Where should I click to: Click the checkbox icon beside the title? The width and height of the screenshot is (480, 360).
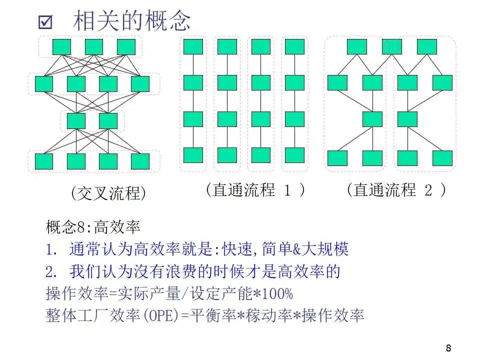pyautogui.click(x=45, y=21)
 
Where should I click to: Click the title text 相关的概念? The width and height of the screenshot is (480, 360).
pyautogui.click(x=132, y=21)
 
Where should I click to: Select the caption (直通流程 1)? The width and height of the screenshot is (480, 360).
pyautogui.click(x=255, y=190)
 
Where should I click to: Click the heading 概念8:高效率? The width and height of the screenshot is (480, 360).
pyautogui.click(x=92, y=227)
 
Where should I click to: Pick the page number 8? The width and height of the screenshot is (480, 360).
pyautogui.click(x=448, y=348)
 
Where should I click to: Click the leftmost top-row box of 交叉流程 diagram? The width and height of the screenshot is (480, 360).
pyautogui.click(x=62, y=47)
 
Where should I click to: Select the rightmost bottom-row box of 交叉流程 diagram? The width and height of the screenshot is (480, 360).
pyautogui.click(x=140, y=161)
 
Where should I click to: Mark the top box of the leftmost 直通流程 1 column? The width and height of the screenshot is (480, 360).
pyautogui.click(x=193, y=47)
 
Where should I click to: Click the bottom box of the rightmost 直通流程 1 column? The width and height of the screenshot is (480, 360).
pyautogui.click(x=294, y=155)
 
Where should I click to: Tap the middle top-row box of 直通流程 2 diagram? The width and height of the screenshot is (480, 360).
pyautogui.click(x=391, y=47)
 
